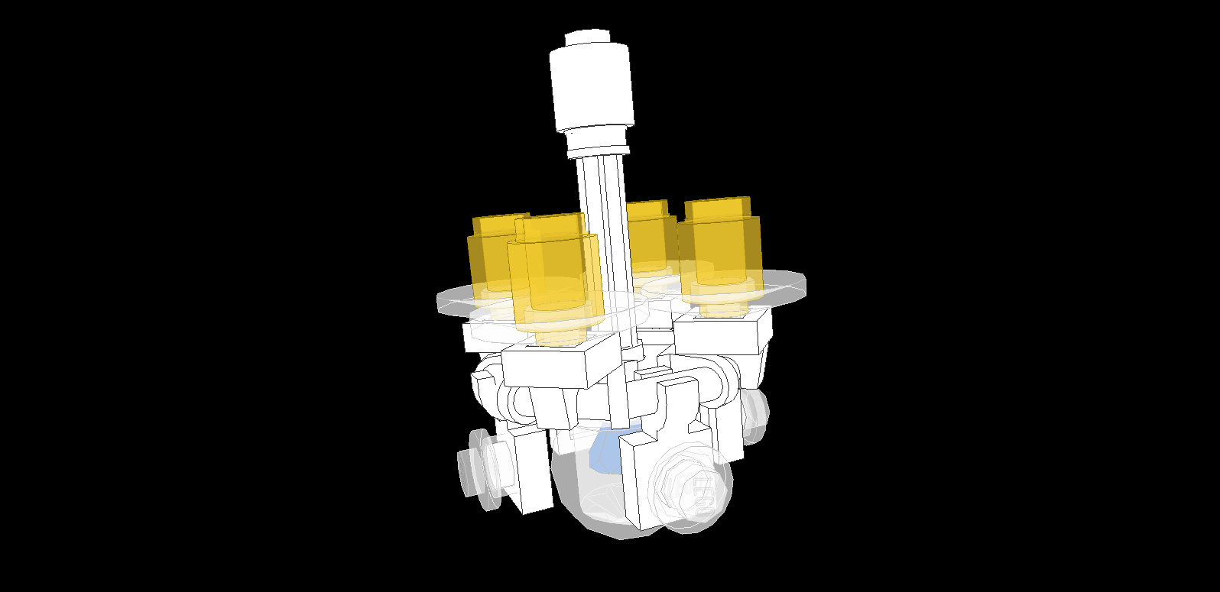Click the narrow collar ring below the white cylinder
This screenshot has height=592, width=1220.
pos(597,141)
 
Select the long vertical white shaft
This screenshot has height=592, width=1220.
pos(601,229)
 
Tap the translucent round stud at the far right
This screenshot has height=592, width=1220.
pos(755,412)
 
